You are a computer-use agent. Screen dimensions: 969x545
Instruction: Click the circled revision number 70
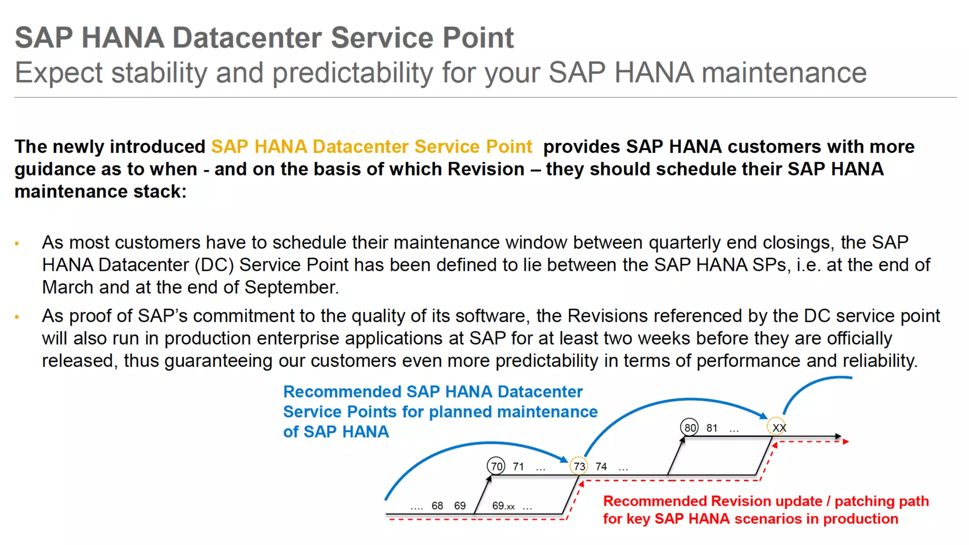coord(496,466)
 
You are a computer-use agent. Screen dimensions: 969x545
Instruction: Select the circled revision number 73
coord(579,466)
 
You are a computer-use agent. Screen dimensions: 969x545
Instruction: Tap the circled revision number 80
coord(690,428)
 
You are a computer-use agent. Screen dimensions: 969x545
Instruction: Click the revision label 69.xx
coord(503,506)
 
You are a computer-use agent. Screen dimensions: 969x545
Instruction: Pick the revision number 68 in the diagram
coord(437,506)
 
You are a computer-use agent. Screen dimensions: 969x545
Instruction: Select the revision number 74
coord(601,466)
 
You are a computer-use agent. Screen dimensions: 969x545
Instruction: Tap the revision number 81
coord(712,428)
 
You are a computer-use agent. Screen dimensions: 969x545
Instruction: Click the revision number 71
coord(518,466)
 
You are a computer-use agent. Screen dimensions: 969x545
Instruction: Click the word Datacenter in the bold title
coord(247,38)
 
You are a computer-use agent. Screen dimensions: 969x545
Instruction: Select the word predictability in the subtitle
coord(352,73)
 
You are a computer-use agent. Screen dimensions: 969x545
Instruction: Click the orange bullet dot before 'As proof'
coord(17,317)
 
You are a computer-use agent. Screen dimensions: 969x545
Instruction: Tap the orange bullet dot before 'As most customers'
coord(17,244)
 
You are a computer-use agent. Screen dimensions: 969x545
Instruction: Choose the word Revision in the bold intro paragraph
coord(486,169)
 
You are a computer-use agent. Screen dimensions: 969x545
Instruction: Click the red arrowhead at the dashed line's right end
coord(846,441)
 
